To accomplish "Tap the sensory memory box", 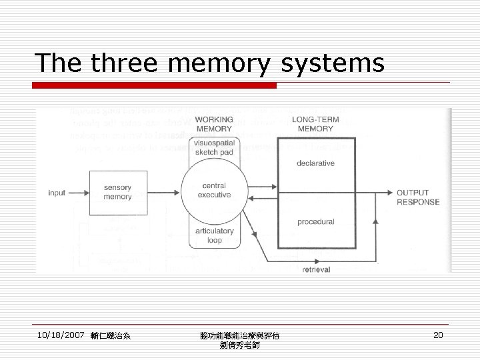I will [x=117, y=193].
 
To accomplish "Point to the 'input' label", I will [x=57, y=193].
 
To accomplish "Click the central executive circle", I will [x=214, y=191].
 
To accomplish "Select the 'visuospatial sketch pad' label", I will [x=213, y=147].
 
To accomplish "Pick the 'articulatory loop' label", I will [x=215, y=235].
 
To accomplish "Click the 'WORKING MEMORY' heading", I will [x=213, y=124].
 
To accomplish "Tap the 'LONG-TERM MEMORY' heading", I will [x=316, y=124].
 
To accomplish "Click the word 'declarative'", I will [x=316, y=163].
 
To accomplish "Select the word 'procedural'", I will [x=316, y=221].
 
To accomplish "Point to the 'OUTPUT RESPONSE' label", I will [x=418, y=197].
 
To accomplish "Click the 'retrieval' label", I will [x=317, y=269].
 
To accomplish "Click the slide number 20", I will [x=438, y=335].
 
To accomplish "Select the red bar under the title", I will [x=155, y=85].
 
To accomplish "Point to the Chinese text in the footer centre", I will [x=240, y=340].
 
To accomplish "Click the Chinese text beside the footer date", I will [x=109, y=336].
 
